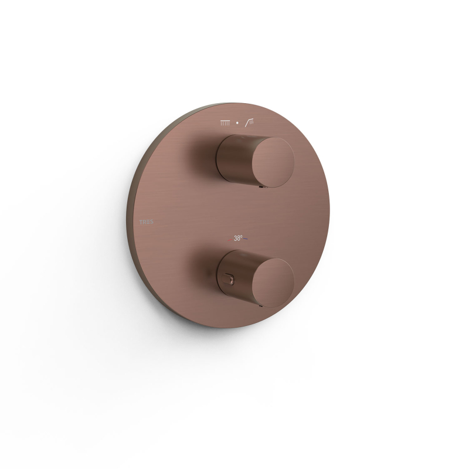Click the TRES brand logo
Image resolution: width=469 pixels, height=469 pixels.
click(146, 222)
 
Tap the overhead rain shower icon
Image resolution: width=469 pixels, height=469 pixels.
click(225, 123)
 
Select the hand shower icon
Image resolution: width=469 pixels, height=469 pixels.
click(250, 123)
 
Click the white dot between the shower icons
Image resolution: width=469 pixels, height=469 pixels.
click(237, 123)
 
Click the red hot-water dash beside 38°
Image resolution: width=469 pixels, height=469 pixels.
click(230, 240)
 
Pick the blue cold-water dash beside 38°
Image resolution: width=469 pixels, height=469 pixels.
click(245, 239)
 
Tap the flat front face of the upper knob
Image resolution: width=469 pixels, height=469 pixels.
click(273, 162)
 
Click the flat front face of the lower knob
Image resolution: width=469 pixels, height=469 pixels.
click(273, 283)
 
